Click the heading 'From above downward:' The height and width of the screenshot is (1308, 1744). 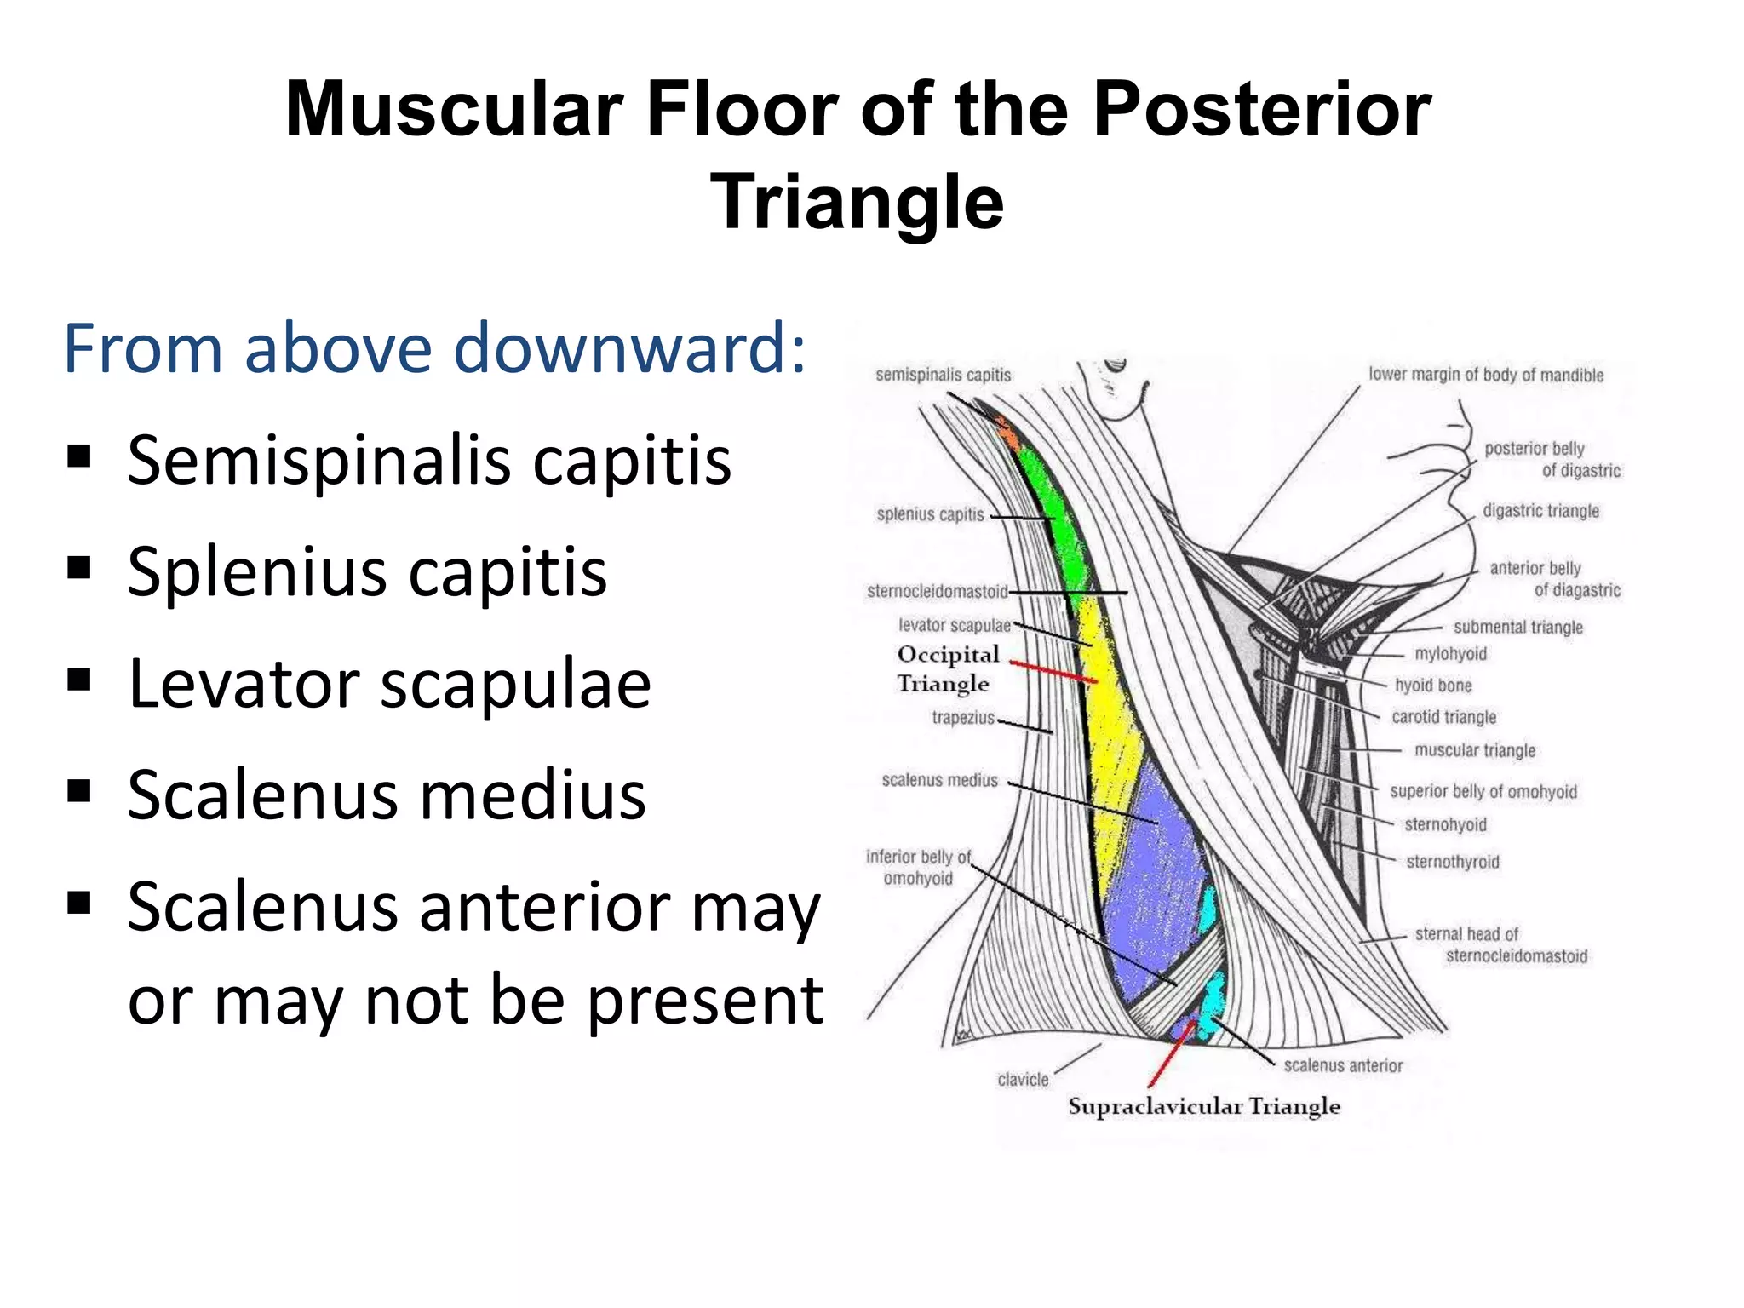(x=433, y=349)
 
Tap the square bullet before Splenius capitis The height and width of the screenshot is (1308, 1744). (x=78, y=568)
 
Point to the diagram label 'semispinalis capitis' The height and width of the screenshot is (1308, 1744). (x=943, y=375)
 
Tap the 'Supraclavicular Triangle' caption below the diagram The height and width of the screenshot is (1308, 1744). (x=1203, y=1106)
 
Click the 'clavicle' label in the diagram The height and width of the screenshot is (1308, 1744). (x=1023, y=1080)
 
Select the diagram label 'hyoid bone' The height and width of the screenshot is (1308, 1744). (x=1432, y=686)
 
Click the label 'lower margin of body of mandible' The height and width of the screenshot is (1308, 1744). (x=1485, y=375)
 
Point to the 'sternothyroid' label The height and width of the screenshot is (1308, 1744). (x=1452, y=862)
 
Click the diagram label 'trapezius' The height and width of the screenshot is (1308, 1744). (x=962, y=718)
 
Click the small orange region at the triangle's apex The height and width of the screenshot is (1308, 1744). (x=1007, y=435)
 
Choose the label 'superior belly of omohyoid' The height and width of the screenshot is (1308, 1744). (x=1483, y=791)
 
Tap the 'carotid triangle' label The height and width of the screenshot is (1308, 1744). (x=1443, y=717)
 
